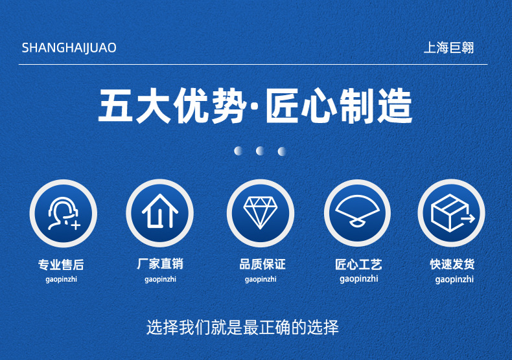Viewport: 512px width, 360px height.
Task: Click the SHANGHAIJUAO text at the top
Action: point(69,48)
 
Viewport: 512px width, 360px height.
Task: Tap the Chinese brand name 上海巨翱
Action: point(448,48)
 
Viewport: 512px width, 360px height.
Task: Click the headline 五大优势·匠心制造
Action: point(255,106)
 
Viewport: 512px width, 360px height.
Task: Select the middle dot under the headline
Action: point(260,151)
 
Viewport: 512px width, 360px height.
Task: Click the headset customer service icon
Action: point(63,213)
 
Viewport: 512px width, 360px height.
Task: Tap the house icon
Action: point(160,213)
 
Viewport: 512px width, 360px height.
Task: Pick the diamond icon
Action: point(260,213)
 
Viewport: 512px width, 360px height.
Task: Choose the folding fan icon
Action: point(357,213)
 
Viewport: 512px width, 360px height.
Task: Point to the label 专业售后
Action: point(61,264)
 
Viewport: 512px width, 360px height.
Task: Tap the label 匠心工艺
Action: point(358,264)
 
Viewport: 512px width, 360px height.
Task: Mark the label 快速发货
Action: point(452,264)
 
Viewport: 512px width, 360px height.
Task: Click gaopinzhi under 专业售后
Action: point(61,279)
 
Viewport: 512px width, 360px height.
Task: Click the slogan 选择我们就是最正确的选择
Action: point(243,327)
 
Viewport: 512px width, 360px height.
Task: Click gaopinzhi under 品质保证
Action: point(261,279)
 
